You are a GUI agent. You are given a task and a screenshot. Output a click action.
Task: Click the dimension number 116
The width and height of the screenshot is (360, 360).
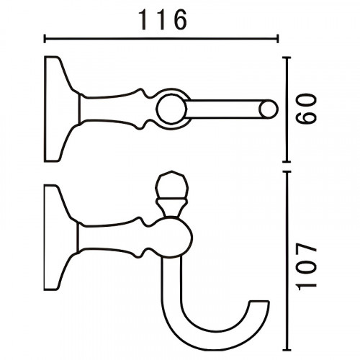163,19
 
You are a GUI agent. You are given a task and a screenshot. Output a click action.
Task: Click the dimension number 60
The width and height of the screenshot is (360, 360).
306,109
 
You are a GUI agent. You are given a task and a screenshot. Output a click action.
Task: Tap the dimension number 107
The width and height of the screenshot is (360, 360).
306,266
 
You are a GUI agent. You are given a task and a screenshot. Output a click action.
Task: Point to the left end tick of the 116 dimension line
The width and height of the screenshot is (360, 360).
45,38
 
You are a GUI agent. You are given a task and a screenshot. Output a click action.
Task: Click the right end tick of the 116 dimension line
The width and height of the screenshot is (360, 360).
278,38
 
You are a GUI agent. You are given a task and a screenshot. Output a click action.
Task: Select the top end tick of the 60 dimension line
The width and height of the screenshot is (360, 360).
287,58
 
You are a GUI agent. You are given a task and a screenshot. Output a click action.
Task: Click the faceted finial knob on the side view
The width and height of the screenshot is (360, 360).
171,185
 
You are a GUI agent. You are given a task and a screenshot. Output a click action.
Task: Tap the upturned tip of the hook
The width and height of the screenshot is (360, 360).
260,302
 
